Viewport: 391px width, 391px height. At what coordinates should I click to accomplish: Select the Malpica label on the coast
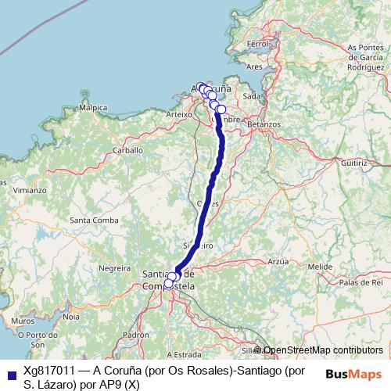click(x=93, y=107)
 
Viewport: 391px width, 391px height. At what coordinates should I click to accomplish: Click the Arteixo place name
click(x=179, y=114)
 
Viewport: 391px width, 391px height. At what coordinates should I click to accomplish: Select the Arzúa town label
click(x=278, y=261)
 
